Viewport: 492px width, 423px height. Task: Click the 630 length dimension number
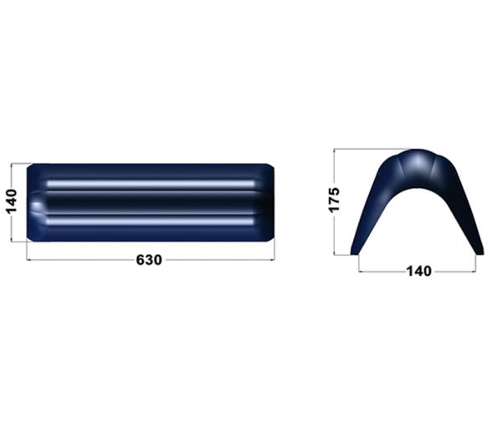coord(149,260)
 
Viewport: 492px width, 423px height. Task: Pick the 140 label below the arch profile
coord(418,271)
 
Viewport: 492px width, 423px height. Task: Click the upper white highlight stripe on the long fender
coord(151,183)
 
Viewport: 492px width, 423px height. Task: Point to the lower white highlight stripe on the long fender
coord(151,222)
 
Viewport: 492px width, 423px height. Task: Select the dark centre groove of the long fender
coord(151,202)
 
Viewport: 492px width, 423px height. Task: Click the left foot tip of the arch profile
coord(355,250)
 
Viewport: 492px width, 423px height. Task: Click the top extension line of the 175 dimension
coord(368,150)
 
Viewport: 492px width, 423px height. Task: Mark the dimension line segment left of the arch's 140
coord(381,271)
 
